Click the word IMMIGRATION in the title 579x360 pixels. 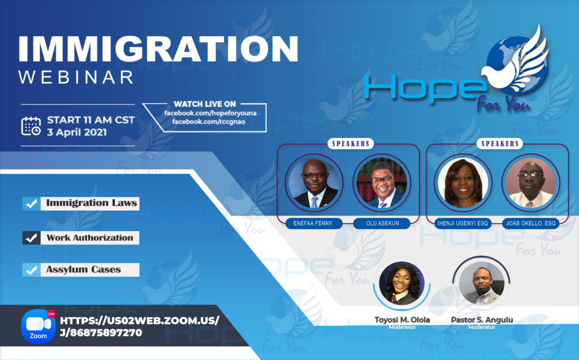coord(158,49)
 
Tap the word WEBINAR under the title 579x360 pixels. coord(77,77)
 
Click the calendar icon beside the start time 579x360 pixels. coord(31,126)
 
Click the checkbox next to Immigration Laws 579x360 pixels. coord(31,203)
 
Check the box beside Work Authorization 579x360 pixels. coord(31,238)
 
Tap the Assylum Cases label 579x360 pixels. coord(84,270)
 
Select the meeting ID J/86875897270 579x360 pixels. coord(101,332)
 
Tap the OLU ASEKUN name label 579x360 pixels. coord(380,223)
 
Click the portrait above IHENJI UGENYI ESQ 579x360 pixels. coord(462,182)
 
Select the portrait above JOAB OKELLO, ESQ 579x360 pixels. coord(529,182)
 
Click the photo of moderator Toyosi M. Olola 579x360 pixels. coord(401,284)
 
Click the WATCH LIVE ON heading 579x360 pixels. coord(205,104)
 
